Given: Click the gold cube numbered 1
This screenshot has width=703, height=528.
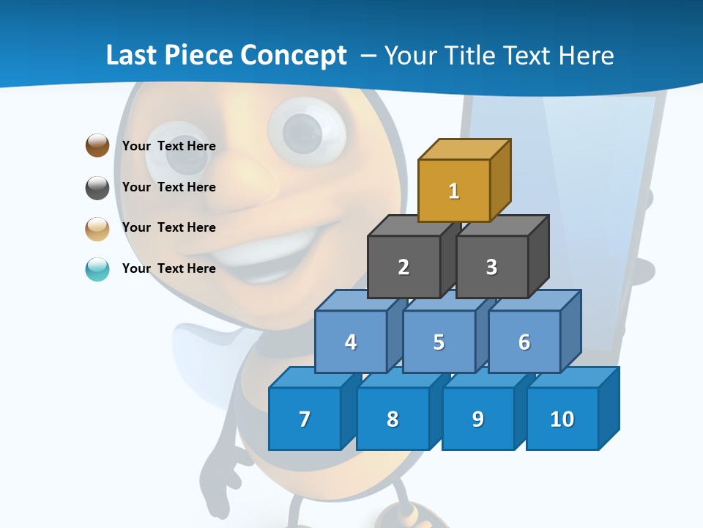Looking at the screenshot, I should pyautogui.click(x=454, y=191).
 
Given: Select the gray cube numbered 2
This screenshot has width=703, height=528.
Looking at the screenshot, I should pyautogui.click(x=403, y=267).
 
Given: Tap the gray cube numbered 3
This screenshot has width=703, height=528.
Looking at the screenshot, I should pyautogui.click(x=491, y=267).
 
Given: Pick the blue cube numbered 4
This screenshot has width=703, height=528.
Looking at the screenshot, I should pyautogui.click(x=351, y=342).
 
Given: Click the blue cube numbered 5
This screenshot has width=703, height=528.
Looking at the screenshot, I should pyautogui.click(x=439, y=342).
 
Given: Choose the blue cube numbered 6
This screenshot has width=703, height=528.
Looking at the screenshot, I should pyautogui.click(x=524, y=342).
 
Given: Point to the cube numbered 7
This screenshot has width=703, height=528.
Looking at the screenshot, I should pyautogui.click(x=305, y=419).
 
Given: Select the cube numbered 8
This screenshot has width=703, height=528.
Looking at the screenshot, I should pyautogui.click(x=393, y=419).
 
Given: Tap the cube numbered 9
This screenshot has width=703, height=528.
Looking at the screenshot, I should pyautogui.click(x=478, y=419).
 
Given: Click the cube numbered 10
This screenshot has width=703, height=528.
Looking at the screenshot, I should pyautogui.click(x=562, y=419).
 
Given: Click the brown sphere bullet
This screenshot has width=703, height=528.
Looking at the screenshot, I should pyautogui.click(x=97, y=145).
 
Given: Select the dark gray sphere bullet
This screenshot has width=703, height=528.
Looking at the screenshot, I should pyautogui.click(x=97, y=187).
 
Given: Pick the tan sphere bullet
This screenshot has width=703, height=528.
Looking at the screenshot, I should pyautogui.click(x=97, y=228).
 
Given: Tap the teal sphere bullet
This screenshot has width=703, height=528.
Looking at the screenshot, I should pyautogui.click(x=97, y=269).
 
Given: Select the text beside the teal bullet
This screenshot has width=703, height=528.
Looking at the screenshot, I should pyautogui.click(x=169, y=268).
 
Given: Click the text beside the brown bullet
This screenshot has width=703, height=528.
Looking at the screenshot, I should pyautogui.click(x=169, y=146).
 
